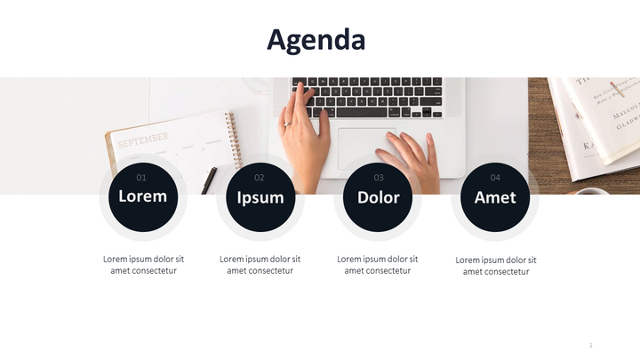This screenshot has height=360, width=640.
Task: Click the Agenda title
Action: (x=316, y=40)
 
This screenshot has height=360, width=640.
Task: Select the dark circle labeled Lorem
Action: (x=142, y=197)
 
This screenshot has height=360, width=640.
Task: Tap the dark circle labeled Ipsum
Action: (x=260, y=198)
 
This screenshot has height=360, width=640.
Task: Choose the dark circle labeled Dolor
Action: (x=378, y=198)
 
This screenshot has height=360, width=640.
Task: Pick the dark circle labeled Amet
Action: (x=495, y=198)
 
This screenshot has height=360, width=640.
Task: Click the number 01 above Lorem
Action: (x=141, y=178)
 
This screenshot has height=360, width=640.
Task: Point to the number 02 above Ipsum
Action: (x=259, y=178)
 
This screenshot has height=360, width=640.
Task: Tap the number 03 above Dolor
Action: (x=378, y=178)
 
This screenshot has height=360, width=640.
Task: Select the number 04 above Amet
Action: (x=495, y=178)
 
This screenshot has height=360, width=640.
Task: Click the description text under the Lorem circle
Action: (x=143, y=265)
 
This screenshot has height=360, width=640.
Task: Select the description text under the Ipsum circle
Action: (x=260, y=265)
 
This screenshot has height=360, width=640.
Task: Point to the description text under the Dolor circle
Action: (x=378, y=265)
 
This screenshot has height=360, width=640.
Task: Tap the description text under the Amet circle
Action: (x=496, y=266)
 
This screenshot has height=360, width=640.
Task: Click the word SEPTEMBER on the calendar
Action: (x=142, y=139)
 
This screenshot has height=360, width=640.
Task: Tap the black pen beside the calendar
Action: (x=209, y=180)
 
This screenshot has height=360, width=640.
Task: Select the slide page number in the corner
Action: (x=590, y=345)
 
